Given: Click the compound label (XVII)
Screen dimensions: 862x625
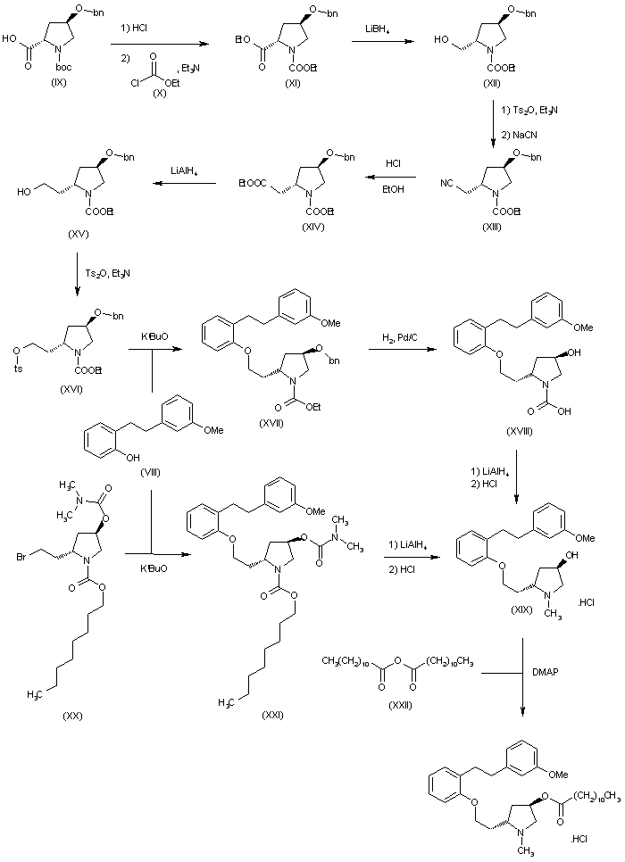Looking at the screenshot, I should pyautogui.click(x=268, y=421).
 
